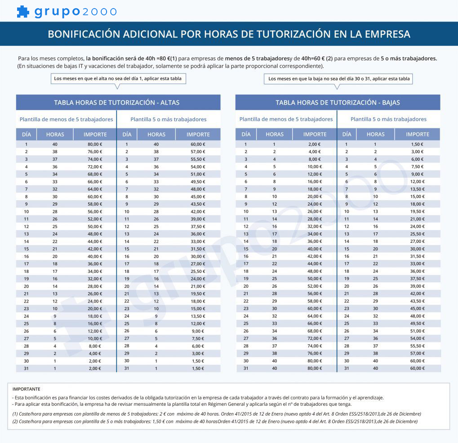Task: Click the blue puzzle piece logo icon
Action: (23, 12)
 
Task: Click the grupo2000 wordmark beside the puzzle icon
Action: (76, 12)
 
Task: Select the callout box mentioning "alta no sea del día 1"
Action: (118, 79)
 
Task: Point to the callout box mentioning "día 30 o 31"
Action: (338, 79)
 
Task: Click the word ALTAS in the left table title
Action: (170, 103)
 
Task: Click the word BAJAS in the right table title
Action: (391, 103)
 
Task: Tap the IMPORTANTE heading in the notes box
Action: (26, 389)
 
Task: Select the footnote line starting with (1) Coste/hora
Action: (217, 414)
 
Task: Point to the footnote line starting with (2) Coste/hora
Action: (215, 421)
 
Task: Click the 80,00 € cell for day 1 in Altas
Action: (95, 144)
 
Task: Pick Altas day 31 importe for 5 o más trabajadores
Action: (198, 368)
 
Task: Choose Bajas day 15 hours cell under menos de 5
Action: (275, 249)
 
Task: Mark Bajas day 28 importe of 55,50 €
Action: (418, 346)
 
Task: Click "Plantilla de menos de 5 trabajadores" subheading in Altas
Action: (67, 119)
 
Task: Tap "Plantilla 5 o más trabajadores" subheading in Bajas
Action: (388, 119)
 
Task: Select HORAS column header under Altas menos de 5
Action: (55, 135)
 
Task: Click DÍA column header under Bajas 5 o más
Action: (347, 134)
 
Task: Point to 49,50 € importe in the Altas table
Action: (198, 182)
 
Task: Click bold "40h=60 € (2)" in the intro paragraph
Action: (317, 58)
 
